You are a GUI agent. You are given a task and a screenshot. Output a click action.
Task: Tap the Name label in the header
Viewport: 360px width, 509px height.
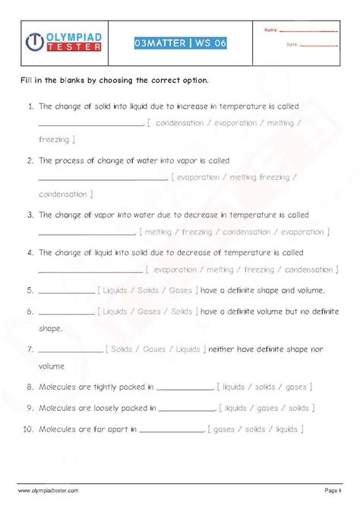pyautogui.click(x=271, y=30)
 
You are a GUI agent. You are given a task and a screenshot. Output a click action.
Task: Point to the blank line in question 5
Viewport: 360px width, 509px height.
pyautogui.click(x=65, y=290)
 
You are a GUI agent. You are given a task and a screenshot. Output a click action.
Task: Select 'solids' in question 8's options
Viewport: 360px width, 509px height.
pyautogui.click(x=264, y=387)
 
